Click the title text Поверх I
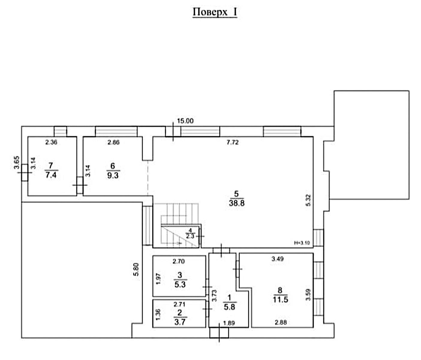click(x=215, y=12)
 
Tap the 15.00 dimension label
click(x=185, y=121)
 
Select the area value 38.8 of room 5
click(x=237, y=203)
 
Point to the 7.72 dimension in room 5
click(x=233, y=142)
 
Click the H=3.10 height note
click(x=302, y=243)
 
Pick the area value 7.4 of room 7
click(x=51, y=175)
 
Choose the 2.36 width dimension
click(x=51, y=142)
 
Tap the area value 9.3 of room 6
click(x=113, y=175)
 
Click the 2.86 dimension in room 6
click(x=113, y=142)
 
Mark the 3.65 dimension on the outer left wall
click(x=16, y=162)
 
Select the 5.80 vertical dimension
click(x=136, y=269)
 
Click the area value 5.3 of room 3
click(x=180, y=284)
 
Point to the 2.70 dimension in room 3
click(x=179, y=261)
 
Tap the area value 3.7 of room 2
click(x=180, y=322)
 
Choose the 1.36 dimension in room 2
click(x=158, y=315)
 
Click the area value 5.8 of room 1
click(x=230, y=307)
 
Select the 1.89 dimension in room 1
click(x=229, y=323)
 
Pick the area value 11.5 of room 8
click(x=281, y=300)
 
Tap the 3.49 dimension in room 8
click(x=277, y=259)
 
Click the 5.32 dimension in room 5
click(x=309, y=200)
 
